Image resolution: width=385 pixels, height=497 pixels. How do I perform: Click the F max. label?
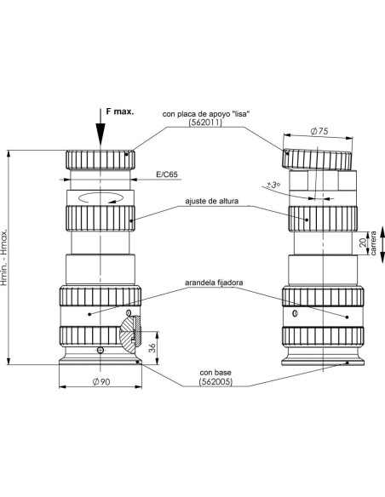(x=119, y=111)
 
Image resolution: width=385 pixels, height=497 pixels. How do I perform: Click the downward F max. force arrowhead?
(x=101, y=134)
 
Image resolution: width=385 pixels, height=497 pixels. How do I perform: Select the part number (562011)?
(x=205, y=123)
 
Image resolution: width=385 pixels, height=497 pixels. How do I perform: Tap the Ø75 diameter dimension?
(x=319, y=131)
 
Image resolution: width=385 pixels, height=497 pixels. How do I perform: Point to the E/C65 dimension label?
(x=167, y=174)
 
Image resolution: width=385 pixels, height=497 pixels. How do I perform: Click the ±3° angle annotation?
(x=273, y=185)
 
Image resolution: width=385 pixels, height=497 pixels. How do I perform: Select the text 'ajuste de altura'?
(x=212, y=201)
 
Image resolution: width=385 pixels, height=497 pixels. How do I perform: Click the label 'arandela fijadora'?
(x=214, y=282)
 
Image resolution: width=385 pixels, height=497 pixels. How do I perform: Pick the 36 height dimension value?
(x=152, y=348)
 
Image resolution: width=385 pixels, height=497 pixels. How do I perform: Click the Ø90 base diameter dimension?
(x=101, y=381)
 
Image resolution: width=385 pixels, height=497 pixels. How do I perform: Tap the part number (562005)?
(x=215, y=381)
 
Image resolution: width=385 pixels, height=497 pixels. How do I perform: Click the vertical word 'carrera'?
(x=373, y=243)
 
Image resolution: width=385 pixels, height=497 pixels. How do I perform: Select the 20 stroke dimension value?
(x=363, y=243)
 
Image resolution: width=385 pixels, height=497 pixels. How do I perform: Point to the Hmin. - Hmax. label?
(x=4, y=257)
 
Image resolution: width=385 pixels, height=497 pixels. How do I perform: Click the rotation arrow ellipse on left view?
(x=101, y=197)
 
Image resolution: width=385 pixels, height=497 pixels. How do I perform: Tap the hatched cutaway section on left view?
(x=130, y=333)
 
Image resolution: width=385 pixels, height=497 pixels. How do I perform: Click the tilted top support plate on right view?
(x=317, y=159)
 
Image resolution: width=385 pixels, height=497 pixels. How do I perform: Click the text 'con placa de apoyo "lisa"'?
(x=206, y=114)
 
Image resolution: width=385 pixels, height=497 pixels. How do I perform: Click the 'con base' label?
(x=215, y=373)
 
